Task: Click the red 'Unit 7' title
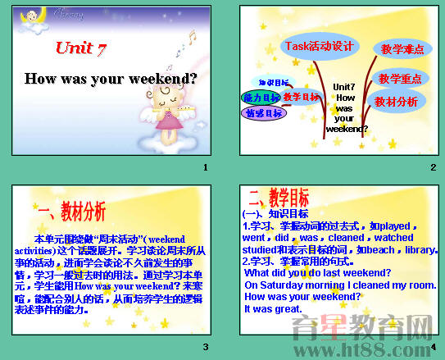pyautogui.click(x=81, y=49)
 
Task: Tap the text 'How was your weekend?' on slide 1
pyautogui.click(x=111, y=80)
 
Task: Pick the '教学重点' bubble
pyautogui.click(x=400, y=79)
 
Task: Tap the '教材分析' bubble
pyautogui.click(x=396, y=102)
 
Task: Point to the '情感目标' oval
pyautogui.click(x=263, y=113)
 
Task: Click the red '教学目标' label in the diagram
pyautogui.click(x=302, y=98)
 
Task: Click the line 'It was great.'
pyautogui.click(x=274, y=309)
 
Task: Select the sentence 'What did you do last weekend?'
pyautogui.click(x=317, y=272)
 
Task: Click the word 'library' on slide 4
pyautogui.click(x=420, y=249)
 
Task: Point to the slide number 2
pyautogui.click(x=433, y=168)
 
